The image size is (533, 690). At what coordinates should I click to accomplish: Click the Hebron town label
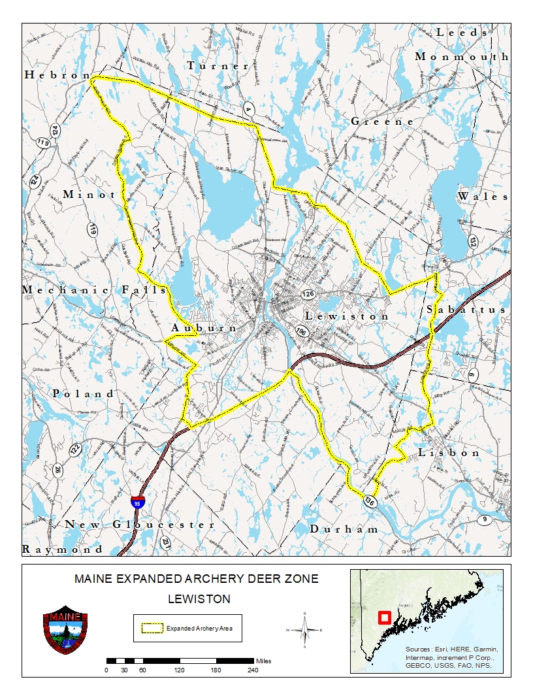57,75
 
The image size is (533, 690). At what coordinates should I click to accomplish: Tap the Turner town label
218,66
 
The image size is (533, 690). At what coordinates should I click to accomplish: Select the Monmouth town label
462,57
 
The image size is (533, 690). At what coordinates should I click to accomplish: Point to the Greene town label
382,122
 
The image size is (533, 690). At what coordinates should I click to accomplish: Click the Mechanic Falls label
94,289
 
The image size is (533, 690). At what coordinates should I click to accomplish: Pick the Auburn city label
204,328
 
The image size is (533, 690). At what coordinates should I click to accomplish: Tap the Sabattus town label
466,310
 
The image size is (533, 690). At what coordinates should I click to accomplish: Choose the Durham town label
344,529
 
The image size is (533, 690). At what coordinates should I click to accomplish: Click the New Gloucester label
140,525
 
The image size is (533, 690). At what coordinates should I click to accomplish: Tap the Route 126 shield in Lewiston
308,295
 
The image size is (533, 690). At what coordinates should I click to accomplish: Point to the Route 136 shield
370,501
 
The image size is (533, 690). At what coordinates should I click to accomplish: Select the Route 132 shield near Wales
472,241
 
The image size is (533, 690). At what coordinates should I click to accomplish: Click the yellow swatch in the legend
152,629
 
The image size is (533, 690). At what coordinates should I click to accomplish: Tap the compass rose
304,630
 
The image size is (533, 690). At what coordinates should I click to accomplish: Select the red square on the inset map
384,617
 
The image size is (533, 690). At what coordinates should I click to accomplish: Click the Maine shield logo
65,632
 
